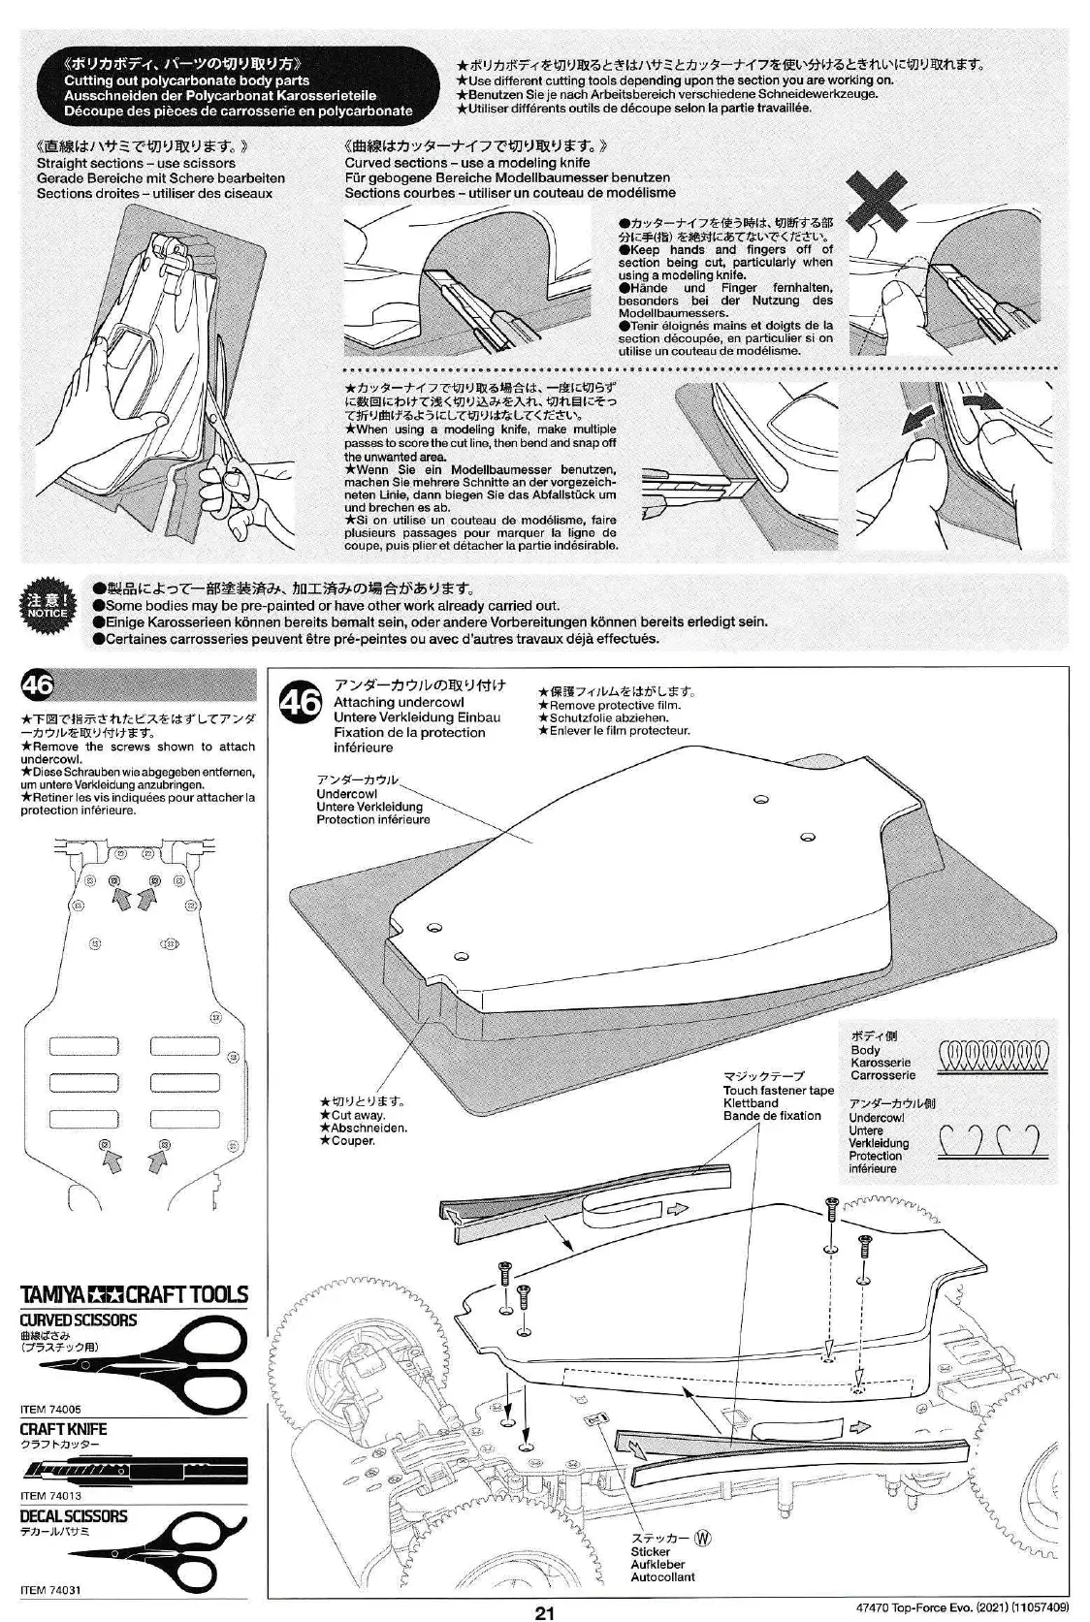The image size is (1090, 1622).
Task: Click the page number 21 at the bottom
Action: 544,1612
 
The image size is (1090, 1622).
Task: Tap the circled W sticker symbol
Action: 703,1538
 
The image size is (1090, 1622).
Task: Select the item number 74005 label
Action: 50,1409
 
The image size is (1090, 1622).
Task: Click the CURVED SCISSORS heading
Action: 79,1320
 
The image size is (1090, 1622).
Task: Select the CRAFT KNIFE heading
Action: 64,1429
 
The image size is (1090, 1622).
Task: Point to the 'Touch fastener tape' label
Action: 778,1090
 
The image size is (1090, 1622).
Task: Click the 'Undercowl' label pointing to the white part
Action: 346,793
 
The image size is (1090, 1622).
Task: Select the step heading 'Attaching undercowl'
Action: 399,702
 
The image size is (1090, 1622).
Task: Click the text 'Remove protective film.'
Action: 615,705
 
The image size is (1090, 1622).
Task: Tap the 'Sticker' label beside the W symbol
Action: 650,1552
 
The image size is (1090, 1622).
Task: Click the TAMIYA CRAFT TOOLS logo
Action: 135,1294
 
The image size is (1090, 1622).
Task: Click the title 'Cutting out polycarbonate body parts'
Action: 187,81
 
